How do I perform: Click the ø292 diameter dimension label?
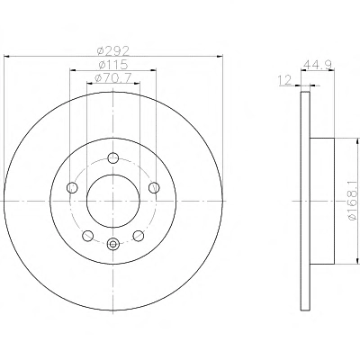(113, 51)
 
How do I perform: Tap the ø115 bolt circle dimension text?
(113, 65)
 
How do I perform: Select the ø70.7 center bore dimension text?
(113, 78)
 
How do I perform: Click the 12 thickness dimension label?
(284, 80)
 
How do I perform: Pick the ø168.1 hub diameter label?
(353, 201)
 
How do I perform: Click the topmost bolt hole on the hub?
(113, 157)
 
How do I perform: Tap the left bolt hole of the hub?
(72, 188)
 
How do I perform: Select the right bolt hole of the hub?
(154, 187)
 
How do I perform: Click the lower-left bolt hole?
(87, 236)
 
